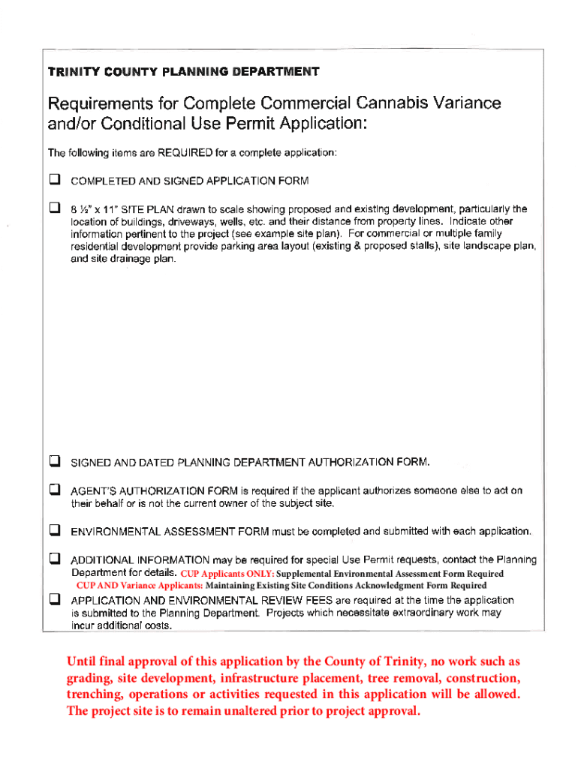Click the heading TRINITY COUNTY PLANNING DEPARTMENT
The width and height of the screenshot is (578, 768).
tap(183, 72)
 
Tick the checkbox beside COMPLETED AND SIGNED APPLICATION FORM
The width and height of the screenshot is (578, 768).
tap(54, 180)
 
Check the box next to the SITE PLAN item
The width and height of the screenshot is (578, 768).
tap(54, 207)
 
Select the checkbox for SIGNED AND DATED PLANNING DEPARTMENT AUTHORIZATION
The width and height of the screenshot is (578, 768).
tap(54, 460)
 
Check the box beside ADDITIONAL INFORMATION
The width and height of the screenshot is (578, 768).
tap(54, 558)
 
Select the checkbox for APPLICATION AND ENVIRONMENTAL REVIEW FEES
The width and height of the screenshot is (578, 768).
tap(54, 599)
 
